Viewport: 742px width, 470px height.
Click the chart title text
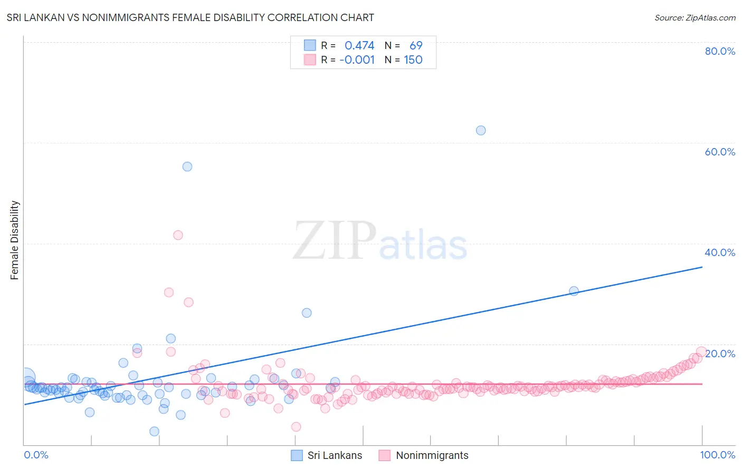click(190, 17)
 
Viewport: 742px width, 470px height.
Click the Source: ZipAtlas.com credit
click(695, 17)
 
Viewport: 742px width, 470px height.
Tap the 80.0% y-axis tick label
click(720, 51)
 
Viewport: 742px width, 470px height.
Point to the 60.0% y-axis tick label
click(720, 152)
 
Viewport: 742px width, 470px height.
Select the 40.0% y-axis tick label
click(720, 252)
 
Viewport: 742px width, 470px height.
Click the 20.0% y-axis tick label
click(720, 354)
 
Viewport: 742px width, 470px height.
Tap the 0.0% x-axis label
click(36, 455)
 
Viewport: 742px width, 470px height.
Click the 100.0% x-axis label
click(718, 455)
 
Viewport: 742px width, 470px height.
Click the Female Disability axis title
click(15, 240)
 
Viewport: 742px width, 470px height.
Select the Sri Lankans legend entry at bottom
click(327, 455)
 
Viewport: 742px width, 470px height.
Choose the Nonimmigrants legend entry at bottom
click(424, 455)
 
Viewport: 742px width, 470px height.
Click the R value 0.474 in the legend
click(359, 46)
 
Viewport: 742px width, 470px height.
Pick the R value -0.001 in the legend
click(357, 60)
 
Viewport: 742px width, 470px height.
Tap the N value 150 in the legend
click(413, 60)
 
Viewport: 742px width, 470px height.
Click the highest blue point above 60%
click(481, 130)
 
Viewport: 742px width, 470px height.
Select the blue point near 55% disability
click(187, 167)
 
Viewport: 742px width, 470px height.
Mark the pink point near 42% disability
click(178, 235)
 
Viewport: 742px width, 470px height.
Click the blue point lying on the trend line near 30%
click(574, 291)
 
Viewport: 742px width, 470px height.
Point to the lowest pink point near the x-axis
click(296, 427)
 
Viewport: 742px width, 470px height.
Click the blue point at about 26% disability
click(307, 312)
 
